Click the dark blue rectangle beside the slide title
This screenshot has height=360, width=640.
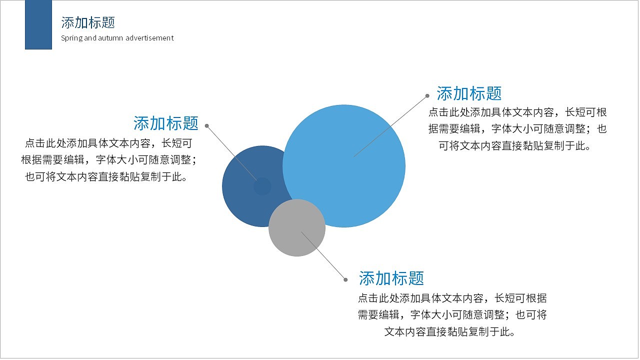pyautogui.click(x=38, y=24)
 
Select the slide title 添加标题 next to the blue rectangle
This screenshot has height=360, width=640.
pyautogui.click(x=88, y=22)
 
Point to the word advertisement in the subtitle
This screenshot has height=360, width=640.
pyautogui.click(x=149, y=38)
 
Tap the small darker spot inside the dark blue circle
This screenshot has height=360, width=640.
pyautogui.click(x=262, y=186)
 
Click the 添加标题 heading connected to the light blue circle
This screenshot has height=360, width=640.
pyautogui.click(x=469, y=93)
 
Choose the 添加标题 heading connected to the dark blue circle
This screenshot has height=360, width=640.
pyautogui.click(x=166, y=123)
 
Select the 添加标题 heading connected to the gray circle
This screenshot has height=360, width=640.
pyautogui.click(x=391, y=278)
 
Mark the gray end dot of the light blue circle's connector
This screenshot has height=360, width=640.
pyautogui.click(x=427, y=96)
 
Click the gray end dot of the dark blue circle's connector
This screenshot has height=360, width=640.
pyautogui.click(x=207, y=126)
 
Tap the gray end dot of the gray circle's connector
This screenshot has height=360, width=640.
pyautogui.click(x=345, y=279)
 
